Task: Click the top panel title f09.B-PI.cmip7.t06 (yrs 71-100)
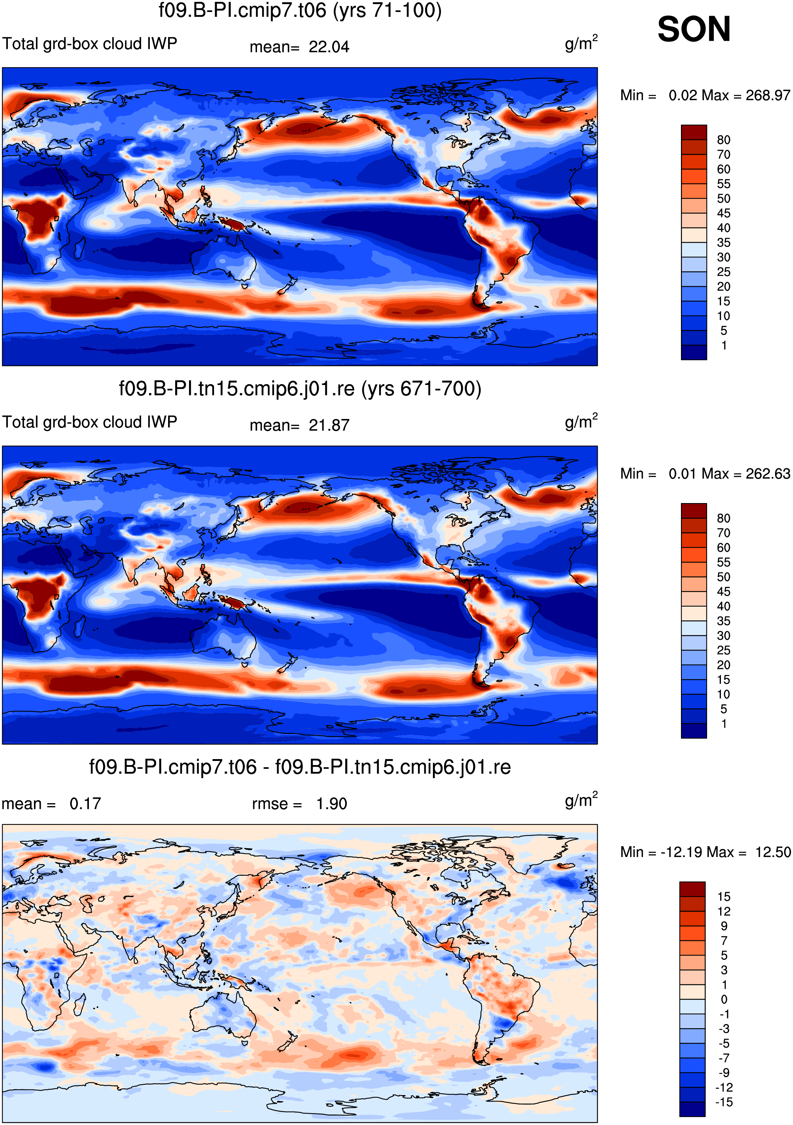[300, 10]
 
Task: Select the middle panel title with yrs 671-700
[300, 389]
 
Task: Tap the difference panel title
[300, 767]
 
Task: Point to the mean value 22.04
[329, 47]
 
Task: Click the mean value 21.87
[329, 425]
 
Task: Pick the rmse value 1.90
[332, 804]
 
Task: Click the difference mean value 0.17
[85, 804]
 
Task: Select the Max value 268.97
[768, 95]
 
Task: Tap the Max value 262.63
[768, 473]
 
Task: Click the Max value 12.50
[773, 852]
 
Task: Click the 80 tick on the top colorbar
[724, 140]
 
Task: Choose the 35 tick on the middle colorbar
[724, 621]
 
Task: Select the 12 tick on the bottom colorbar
[724, 911]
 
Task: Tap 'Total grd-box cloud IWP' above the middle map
[90, 422]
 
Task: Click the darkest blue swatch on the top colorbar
[694, 352]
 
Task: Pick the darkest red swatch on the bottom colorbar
[692, 889]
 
